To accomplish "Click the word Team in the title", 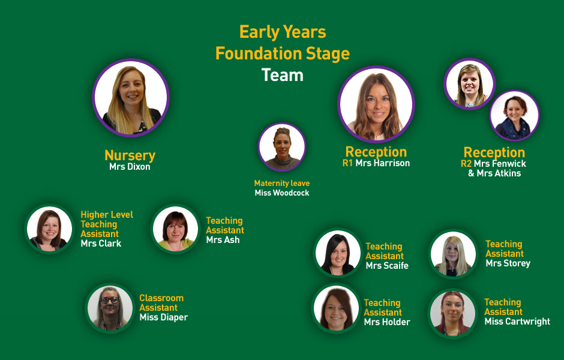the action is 283,75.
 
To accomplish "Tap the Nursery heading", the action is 130,155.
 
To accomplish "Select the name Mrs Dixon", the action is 130,167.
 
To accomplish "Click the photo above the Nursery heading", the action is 131,98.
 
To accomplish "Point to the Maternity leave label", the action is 282,183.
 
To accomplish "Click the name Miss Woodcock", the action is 282,193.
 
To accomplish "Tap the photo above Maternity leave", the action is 282,147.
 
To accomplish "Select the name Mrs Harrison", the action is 383,163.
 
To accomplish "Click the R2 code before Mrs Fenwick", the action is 466,164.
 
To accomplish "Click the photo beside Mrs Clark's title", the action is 50,229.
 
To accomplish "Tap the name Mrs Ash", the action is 223,240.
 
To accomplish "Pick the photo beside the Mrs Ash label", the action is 176,229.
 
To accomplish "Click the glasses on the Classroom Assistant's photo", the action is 109,300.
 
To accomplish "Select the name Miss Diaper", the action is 164,317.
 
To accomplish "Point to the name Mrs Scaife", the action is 387,265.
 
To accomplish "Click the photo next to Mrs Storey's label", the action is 453,254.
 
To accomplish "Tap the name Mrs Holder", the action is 387,322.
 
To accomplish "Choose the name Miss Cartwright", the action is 517,322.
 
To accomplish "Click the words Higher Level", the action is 107,215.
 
